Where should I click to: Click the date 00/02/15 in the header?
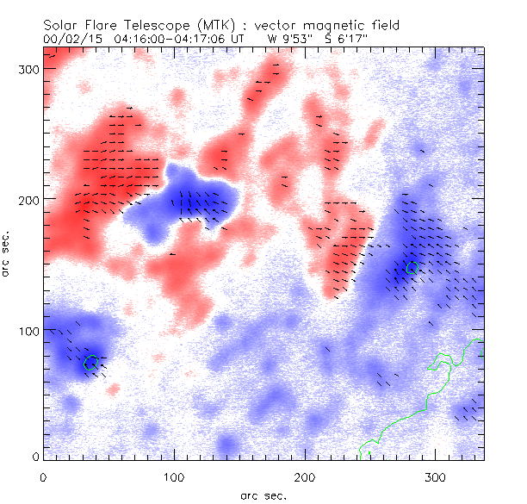click(71, 39)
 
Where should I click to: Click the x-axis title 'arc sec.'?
click(263, 495)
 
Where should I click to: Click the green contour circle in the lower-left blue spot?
click(90, 363)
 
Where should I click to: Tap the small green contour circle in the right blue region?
click(412, 268)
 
